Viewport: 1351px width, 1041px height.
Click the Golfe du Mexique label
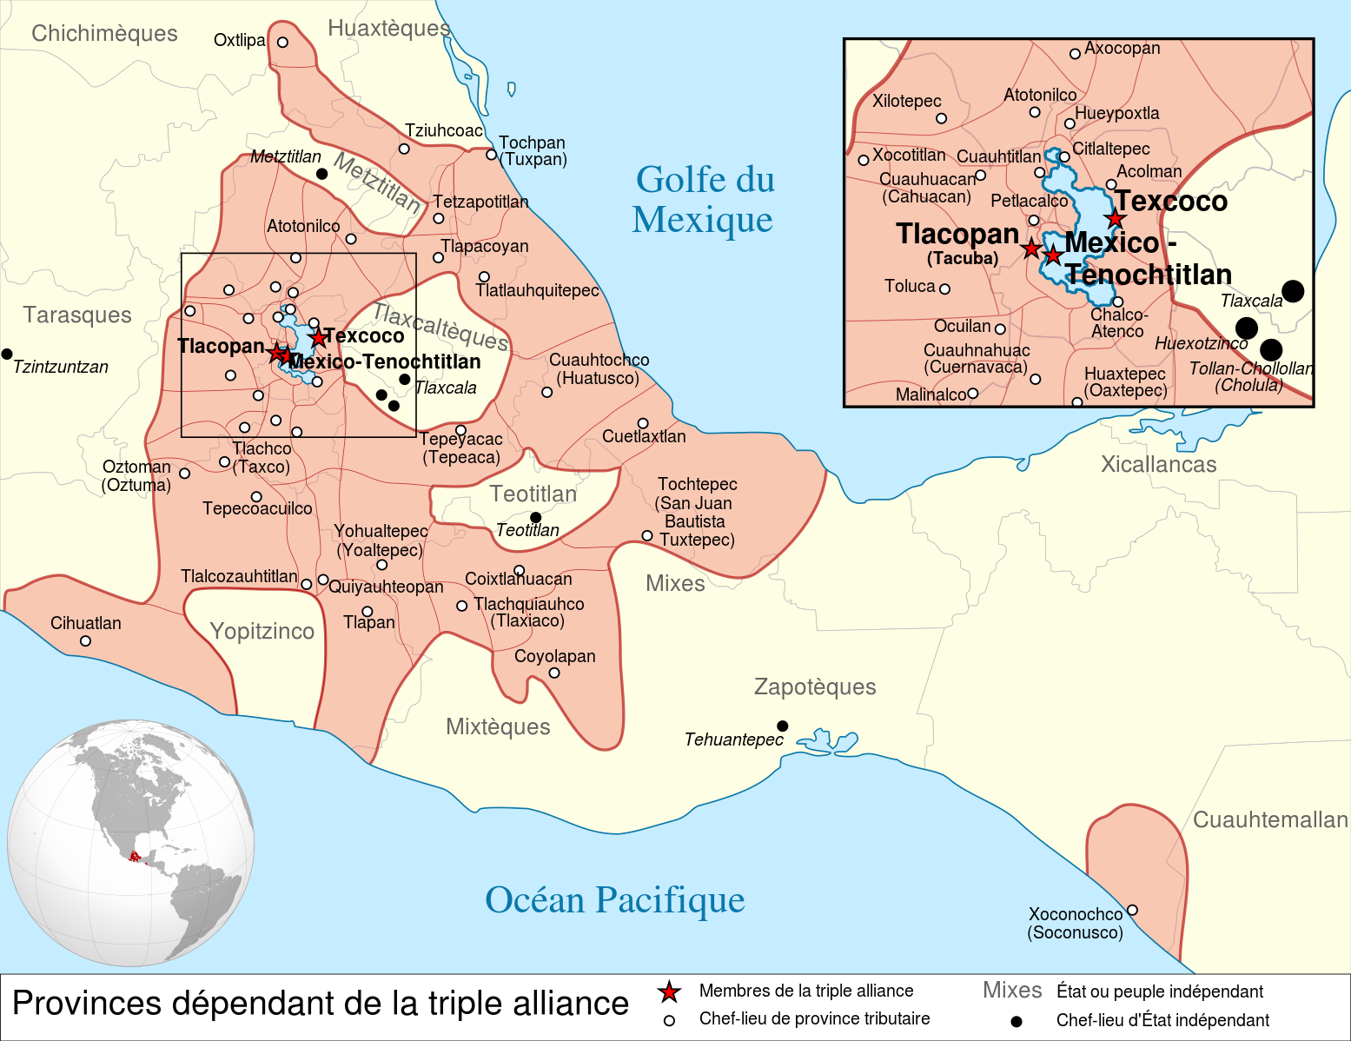[x=703, y=200]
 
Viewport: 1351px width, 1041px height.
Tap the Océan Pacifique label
[x=614, y=900]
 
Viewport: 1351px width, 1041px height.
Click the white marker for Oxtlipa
[x=282, y=42]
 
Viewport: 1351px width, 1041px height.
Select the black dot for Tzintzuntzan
[x=7, y=354]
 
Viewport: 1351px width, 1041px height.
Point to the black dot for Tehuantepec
[x=782, y=726]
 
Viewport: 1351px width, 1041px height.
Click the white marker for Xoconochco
[x=1132, y=910]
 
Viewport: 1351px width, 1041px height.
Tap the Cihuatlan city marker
[x=85, y=641]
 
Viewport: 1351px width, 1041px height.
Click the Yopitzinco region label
[x=262, y=631]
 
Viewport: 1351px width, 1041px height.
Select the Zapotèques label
[x=814, y=686]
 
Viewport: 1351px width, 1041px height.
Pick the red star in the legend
[x=668, y=991]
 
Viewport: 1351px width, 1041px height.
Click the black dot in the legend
[x=1016, y=1021]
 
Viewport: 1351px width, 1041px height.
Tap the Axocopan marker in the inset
[x=1075, y=54]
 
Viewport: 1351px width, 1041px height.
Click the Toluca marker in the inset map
[x=944, y=288]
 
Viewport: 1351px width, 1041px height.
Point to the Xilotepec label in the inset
[x=906, y=101]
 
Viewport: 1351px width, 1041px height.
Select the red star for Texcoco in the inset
[x=1115, y=218]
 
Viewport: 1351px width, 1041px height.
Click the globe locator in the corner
[x=130, y=843]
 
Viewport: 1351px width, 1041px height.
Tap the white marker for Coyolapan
[x=554, y=673]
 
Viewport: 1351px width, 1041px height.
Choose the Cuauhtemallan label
[x=1269, y=819]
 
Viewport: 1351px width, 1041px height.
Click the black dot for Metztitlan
[x=321, y=174]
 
